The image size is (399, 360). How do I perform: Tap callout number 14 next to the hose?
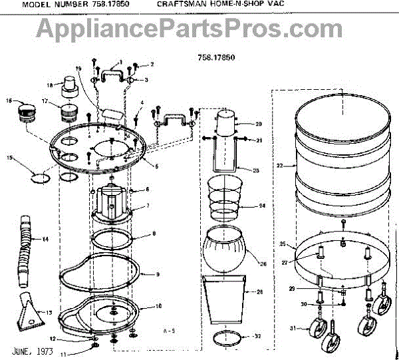tap(45, 239)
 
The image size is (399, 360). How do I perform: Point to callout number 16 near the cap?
tap(9, 100)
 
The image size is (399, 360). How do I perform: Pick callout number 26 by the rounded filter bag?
tap(263, 264)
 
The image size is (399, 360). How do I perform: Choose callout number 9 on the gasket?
tap(158, 274)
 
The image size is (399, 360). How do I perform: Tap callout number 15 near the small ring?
tap(10, 158)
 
